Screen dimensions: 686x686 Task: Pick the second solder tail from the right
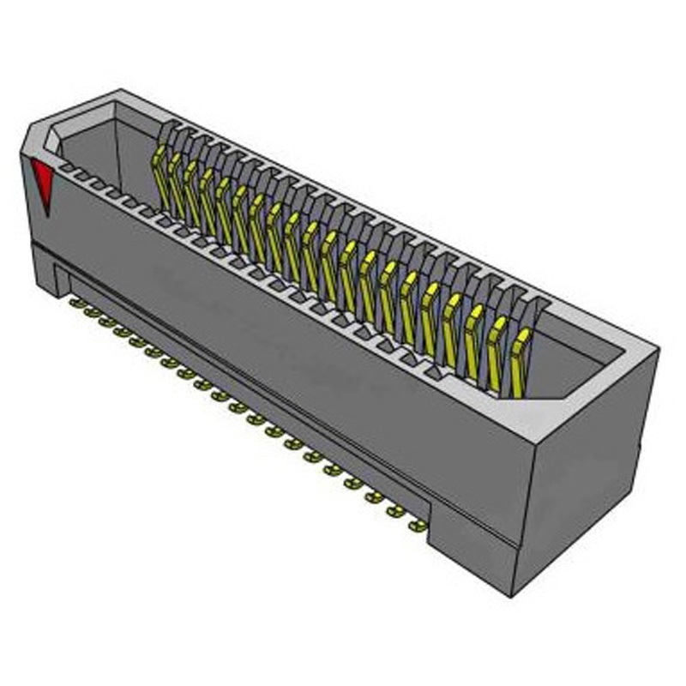pos(396,511)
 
